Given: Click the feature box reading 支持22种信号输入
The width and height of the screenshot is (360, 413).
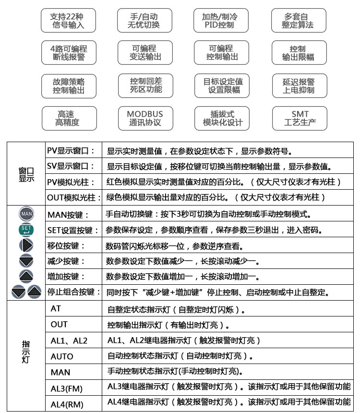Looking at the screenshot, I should [x=67, y=20].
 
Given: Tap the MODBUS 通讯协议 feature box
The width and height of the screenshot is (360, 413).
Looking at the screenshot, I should [x=144, y=118].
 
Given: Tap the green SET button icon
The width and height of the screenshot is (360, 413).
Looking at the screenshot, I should [x=26, y=230].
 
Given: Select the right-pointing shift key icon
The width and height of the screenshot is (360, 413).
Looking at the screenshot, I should [x=26, y=245].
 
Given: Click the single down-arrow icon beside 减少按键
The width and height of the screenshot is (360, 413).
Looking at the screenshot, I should [x=26, y=261].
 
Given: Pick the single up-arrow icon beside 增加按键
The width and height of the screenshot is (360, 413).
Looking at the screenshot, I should [x=26, y=277].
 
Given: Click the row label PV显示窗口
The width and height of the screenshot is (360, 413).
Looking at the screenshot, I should [x=71, y=151].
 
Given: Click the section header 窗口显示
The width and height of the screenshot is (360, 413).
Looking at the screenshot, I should [x=26, y=174].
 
